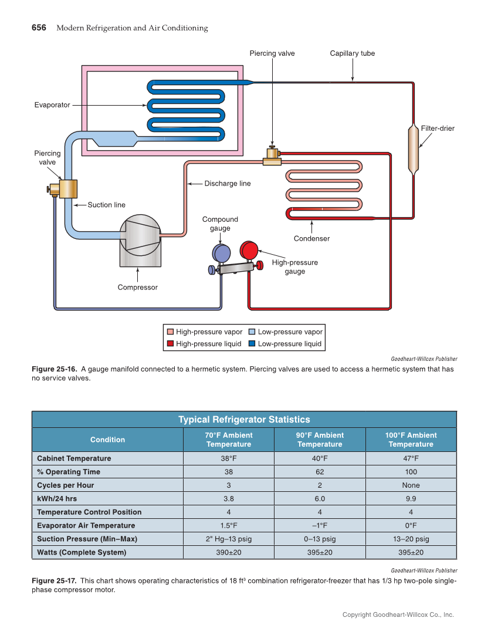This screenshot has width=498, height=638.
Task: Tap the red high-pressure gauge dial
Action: tap(250, 249)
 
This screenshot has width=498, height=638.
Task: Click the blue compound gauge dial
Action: tap(221, 253)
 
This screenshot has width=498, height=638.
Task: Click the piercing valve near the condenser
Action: tap(272, 156)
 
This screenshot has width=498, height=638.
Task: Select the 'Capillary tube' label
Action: tap(352, 53)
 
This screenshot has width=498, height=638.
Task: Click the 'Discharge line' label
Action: tap(227, 184)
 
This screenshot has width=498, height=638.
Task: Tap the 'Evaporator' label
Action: tap(52, 105)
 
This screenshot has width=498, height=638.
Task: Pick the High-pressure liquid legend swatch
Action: tap(170, 344)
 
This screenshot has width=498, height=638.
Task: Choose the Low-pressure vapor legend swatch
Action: tap(252, 332)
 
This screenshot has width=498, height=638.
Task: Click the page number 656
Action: tap(39, 28)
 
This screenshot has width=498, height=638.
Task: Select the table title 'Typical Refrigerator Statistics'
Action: tap(244, 419)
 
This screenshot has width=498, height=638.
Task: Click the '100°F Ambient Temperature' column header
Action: tap(411, 440)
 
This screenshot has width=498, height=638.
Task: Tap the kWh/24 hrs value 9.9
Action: tap(411, 499)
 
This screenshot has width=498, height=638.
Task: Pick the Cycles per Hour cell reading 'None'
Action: tap(411, 485)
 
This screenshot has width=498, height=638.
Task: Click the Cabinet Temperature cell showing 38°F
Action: tap(229, 458)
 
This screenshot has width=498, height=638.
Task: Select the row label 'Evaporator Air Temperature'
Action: tap(86, 525)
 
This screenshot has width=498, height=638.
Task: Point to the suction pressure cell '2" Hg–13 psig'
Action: tap(229, 539)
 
